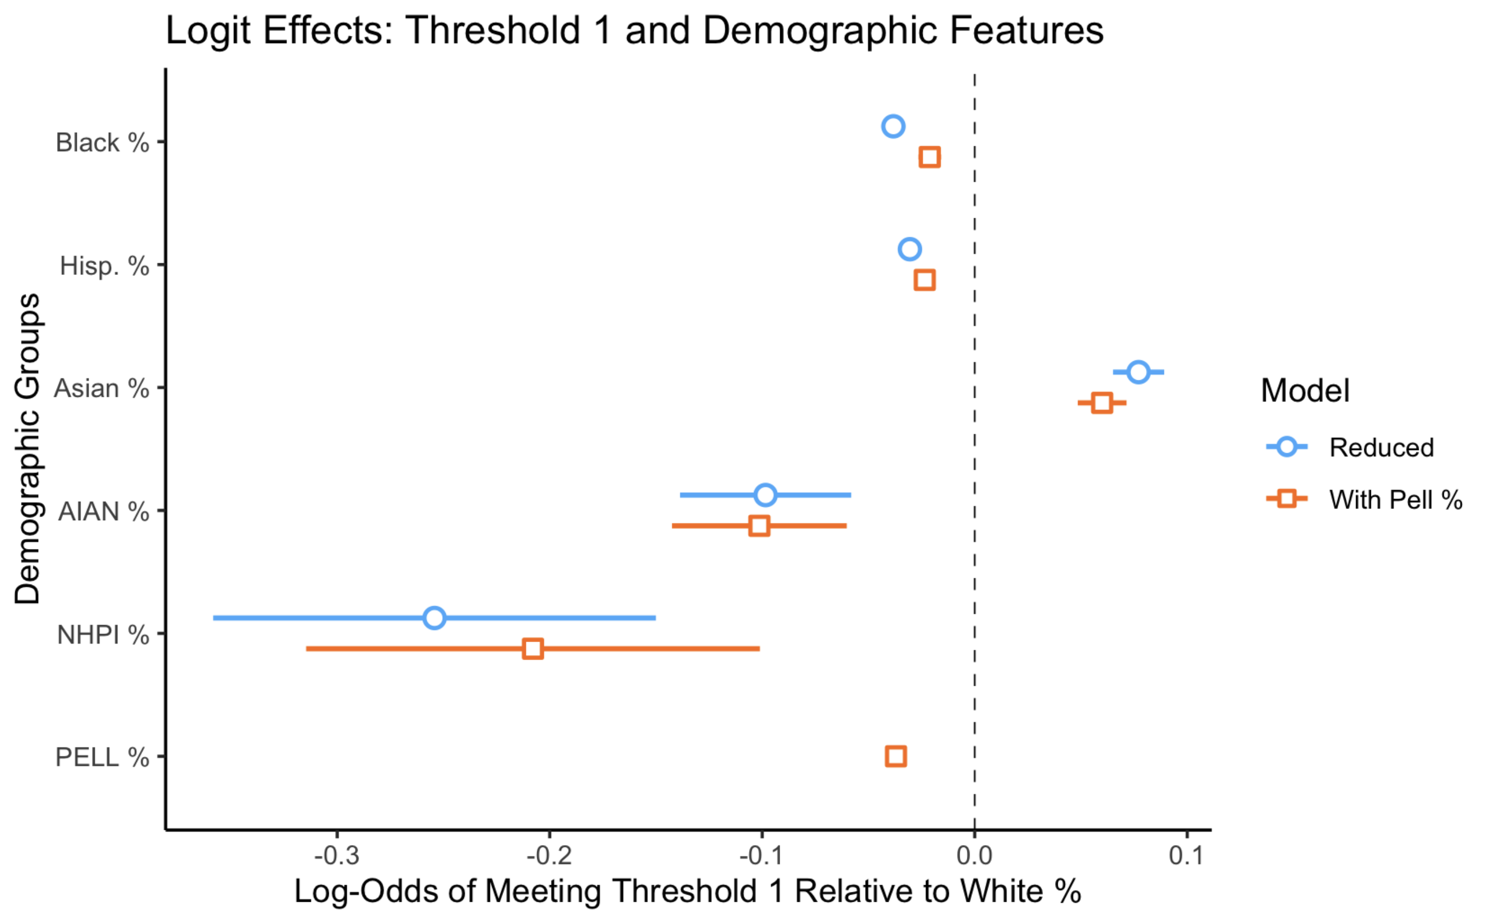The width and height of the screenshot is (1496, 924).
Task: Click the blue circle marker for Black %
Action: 893,126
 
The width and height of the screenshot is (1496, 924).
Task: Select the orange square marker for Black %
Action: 929,157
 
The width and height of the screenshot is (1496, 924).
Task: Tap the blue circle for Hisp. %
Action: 910,249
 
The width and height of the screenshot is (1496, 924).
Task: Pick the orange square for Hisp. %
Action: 924,280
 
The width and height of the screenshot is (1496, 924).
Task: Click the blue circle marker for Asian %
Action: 1138,372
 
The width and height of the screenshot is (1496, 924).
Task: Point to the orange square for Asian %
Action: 1102,403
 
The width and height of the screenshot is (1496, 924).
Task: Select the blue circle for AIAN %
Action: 765,495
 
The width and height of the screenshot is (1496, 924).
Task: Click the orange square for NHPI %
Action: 532,649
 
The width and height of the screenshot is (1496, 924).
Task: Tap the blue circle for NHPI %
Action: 434,618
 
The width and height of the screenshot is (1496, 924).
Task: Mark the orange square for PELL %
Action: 896,756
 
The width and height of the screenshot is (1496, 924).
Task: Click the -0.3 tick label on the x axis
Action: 337,856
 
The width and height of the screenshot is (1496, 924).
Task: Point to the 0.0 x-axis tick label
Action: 974,856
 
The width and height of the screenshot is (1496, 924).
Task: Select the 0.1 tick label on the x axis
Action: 1186,856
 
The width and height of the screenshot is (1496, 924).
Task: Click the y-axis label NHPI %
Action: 103,635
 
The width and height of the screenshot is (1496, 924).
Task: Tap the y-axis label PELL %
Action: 102,758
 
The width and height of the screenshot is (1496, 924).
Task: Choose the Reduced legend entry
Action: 1381,448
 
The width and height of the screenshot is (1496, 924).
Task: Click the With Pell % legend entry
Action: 1395,500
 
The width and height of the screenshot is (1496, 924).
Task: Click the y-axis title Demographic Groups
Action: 28,449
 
